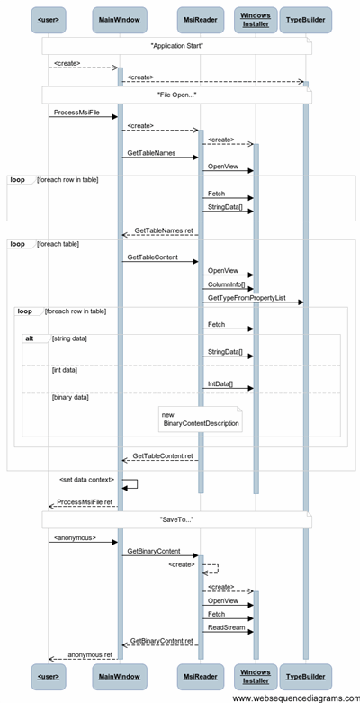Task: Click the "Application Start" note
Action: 177,46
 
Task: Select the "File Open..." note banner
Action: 177,95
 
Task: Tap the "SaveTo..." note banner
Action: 177,520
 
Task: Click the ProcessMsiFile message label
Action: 76,113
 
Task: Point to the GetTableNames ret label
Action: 164,230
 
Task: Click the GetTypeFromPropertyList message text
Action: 247,298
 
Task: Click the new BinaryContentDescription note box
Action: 201,419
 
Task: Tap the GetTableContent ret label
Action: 163,456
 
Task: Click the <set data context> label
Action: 87,480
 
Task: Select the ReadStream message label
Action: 227,627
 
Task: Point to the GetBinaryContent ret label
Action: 162,641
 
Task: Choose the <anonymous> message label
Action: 75,537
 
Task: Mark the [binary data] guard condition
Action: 70,397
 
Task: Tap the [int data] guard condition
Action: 65,370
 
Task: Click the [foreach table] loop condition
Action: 58,244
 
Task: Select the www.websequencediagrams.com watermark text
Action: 296,698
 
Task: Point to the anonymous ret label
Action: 90,654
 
